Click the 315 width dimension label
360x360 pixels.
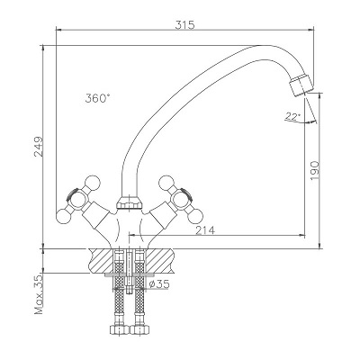pyautogui.click(x=184, y=24)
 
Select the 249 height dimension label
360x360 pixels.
pyautogui.click(x=39, y=147)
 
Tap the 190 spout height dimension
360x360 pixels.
pyautogui.click(x=314, y=170)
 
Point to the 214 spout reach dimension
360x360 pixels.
pyautogui.click(x=205, y=230)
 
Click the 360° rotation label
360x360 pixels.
pyautogui.click(x=98, y=98)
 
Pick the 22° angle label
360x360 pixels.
pyautogui.click(x=292, y=116)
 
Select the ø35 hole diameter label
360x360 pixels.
pyautogui.click(x=159, y=283)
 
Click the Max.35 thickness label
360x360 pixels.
pyautogui.click(x=39, y=294)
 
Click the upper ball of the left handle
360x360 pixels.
pyautogui.click(x=92, y=183)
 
